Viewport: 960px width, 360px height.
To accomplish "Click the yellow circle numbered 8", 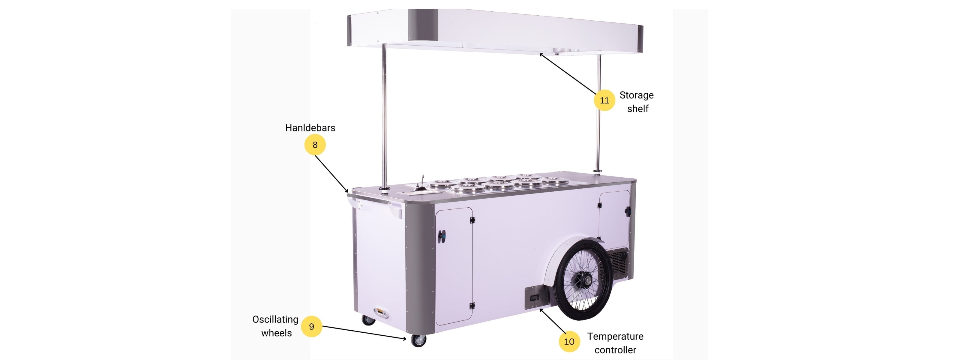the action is (x=315, y=145).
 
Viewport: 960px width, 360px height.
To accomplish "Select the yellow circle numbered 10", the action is (x=569, y=341).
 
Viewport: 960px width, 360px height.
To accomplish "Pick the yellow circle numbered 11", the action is (x=604, y=100).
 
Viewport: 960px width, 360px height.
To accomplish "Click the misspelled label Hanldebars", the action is (x=310, y=128).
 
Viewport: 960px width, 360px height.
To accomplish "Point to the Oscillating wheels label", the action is (x=276, y=326).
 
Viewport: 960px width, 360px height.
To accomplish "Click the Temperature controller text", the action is (x=615, y=343).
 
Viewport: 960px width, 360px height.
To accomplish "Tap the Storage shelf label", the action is (x=637, y=102).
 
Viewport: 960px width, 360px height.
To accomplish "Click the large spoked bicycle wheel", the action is (x=583, y=280).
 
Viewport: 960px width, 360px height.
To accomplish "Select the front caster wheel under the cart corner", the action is (x=418, y=340).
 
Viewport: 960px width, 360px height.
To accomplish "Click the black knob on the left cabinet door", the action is (x=442, y=236).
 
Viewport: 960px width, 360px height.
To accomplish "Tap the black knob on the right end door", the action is (x=628, y=211).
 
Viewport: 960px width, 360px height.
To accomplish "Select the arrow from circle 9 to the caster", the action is (x=364, y=333).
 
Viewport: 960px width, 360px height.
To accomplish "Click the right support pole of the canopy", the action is (x=598, y=113).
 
